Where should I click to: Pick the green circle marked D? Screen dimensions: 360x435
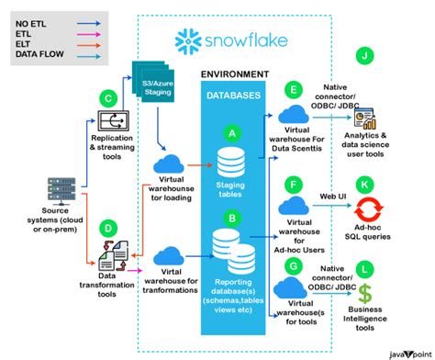108,227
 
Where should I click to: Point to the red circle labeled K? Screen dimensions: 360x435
366,185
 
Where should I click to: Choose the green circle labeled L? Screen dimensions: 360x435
366,268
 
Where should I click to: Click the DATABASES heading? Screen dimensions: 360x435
231,95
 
